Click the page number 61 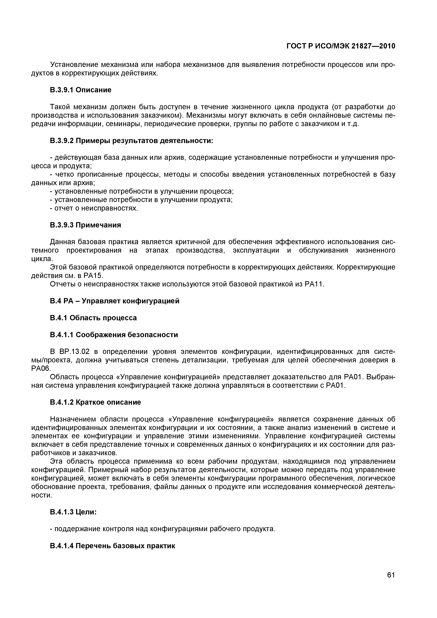point(391,582)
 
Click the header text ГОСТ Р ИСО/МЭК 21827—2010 point(341,46)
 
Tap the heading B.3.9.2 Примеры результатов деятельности point(131,141)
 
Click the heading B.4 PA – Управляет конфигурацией point(114,301)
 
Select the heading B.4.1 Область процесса point(93,318)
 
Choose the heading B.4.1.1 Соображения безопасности point(114,335)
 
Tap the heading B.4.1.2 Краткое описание point(95,402)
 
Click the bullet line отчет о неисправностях point(94,208)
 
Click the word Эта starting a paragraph point(57,462)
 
